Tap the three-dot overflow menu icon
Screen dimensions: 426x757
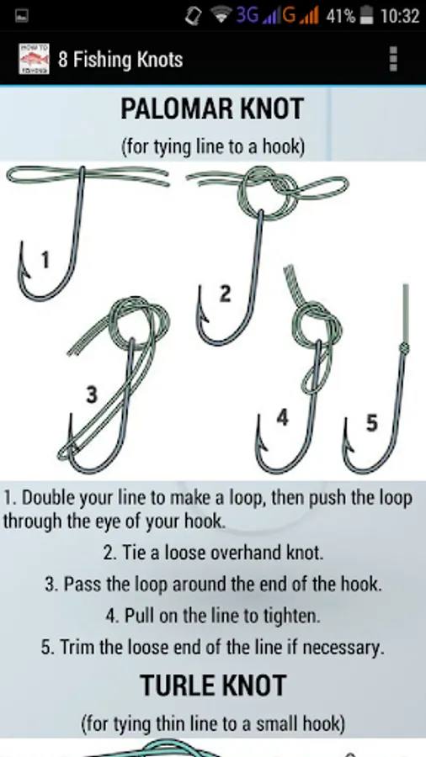point(394,59)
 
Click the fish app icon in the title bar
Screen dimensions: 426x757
point(34,59)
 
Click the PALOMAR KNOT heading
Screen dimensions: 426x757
point(212,109)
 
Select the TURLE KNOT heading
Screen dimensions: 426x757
point(213,686)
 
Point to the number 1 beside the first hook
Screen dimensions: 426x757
point(45,261)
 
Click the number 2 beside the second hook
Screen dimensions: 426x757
point(225,294)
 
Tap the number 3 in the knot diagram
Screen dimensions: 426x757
point(91,394)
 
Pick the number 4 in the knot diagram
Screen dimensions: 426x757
point(283,417)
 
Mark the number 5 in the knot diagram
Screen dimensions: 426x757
point(371,423)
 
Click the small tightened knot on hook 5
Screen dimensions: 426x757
point(404,348)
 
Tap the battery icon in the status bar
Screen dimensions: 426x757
point(367,16)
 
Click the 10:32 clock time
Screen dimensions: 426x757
point(399,17)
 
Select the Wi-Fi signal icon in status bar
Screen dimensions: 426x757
point(221,16)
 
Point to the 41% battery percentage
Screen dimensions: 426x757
point(341,17)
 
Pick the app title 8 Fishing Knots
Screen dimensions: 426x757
point(120,60)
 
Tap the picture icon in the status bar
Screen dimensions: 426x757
point(22,17)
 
